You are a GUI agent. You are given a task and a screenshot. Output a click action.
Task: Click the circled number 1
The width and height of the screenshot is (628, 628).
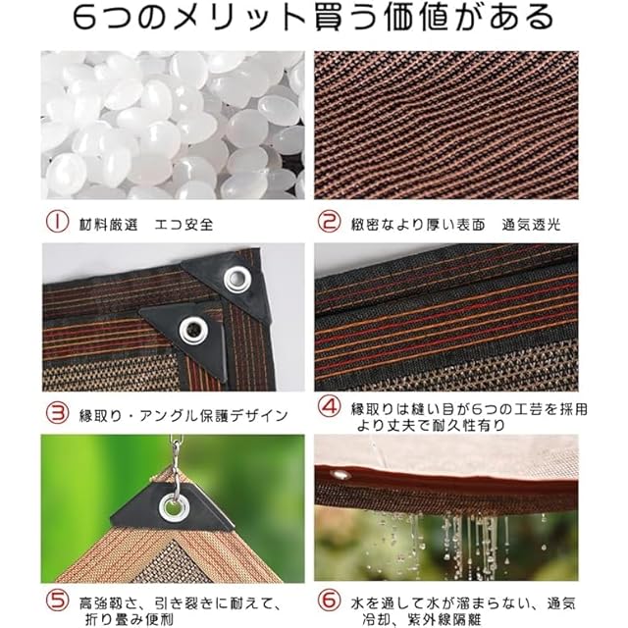57,222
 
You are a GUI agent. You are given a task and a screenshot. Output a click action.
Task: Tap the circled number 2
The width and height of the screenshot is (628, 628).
330,222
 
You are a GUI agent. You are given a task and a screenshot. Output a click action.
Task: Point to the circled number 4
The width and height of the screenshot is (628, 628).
330,406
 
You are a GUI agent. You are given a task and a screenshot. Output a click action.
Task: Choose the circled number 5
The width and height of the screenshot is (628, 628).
57,600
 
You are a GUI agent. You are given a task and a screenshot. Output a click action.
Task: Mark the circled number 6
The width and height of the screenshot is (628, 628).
330,600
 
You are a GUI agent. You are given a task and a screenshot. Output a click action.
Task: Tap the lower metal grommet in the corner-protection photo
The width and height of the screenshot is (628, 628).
193,332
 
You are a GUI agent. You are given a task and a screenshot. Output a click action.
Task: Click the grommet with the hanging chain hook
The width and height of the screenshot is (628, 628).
174,508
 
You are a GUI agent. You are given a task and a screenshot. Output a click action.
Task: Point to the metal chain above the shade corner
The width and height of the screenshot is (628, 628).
175,460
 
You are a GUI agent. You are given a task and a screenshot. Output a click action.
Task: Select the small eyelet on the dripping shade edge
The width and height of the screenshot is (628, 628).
340,475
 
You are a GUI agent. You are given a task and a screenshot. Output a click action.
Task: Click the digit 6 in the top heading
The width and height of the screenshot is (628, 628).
85,18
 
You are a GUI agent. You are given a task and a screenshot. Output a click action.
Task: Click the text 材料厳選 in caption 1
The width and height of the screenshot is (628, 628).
109,225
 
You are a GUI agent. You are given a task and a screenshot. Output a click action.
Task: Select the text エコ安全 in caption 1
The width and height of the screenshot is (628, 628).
184,225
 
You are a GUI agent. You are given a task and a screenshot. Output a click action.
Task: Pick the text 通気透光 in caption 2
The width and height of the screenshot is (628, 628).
532,225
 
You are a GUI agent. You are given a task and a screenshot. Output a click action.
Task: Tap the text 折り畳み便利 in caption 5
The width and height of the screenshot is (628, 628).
130,619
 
